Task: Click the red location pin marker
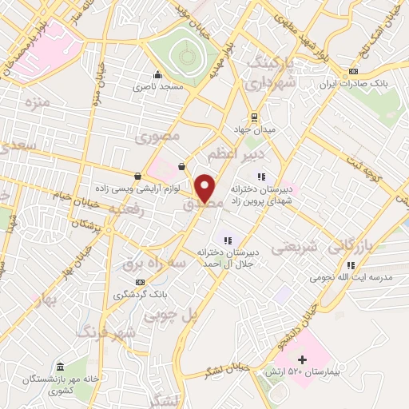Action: [x=205, y=189]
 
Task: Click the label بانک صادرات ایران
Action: [x=375, y=83]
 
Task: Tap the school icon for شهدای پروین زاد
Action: [x=260, y=177]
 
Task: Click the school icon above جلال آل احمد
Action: [x=228, y=238]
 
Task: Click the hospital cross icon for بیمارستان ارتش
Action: [x=301, y=361]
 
